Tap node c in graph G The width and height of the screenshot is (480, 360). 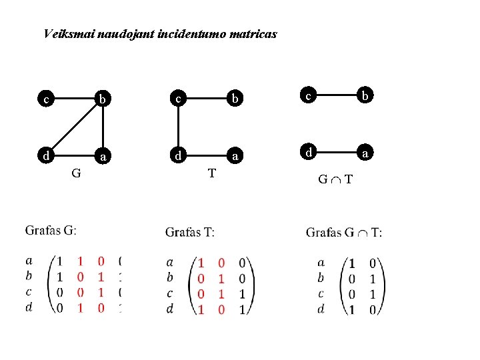(45, 100)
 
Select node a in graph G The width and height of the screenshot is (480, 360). (102, 157)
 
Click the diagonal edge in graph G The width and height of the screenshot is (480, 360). (73, 127)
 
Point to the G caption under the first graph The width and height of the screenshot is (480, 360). (77, 174)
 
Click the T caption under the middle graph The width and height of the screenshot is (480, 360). (211, 174)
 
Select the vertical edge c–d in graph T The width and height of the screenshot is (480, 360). (179, 128)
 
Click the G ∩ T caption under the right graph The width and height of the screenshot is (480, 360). (335, 179)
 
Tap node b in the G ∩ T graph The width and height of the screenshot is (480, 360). (365, 96)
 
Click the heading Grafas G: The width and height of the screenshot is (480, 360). (51, 231)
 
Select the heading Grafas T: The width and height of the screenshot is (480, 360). (190, 233)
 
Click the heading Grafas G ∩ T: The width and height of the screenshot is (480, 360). (344, 233)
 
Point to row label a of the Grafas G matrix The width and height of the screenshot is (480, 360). (29, 261)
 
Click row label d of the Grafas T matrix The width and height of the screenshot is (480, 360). (170, 309)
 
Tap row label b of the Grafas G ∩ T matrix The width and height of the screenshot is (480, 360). (321, 278)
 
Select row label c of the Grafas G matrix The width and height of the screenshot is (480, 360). (29, 291)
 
